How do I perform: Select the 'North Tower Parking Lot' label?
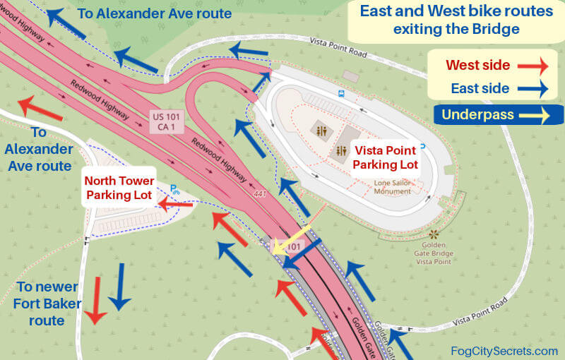click(x=118, y=187)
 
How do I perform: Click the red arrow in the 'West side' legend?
click(x=533, y=66)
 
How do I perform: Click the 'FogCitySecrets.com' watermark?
click(x=504, y=351)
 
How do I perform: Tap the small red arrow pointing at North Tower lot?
click(x=174, y=205)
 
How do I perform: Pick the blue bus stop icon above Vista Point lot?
click(x=342, y=92)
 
